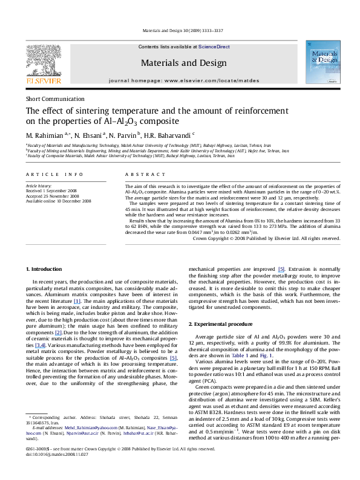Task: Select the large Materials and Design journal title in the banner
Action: pos(180,62)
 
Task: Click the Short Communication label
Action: pos(54,98)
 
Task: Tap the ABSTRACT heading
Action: pos(140,174)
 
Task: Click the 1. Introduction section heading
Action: pos(42,268)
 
